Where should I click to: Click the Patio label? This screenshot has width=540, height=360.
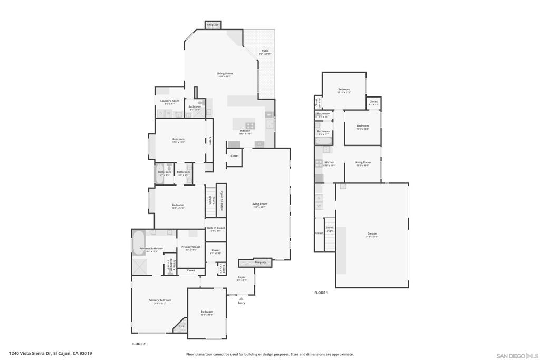click(x=265, y=51)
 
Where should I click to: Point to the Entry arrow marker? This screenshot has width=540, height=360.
click(x=241, y=298)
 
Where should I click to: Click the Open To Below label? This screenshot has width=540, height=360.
click(x=221, y=201)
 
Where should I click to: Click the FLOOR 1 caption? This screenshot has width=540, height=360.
click(x=321, y=293)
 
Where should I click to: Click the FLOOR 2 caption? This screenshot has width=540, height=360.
click(x=138, y=343)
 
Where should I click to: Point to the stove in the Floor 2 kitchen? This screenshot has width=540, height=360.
click(x=250, y=125)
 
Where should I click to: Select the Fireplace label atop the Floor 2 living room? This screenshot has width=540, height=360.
click(x=213, y=25)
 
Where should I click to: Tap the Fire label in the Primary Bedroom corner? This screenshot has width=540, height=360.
click(x=181, y=326)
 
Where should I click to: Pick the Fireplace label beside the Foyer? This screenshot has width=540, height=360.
click(x=261, y=262)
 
